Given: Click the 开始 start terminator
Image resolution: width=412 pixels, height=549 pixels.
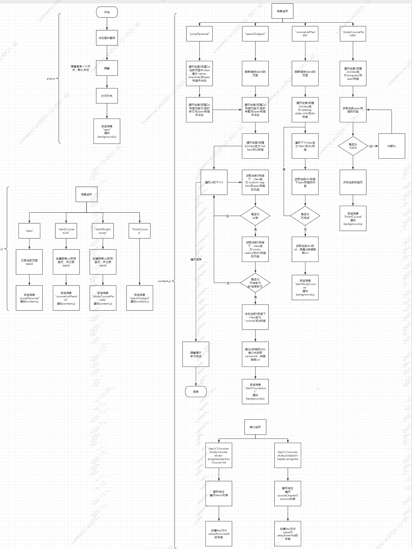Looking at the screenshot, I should tap(107, 12).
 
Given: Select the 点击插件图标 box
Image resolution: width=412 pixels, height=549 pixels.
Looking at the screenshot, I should tap(107, 38).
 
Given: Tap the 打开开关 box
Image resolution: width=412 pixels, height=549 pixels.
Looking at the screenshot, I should tap(107, 96).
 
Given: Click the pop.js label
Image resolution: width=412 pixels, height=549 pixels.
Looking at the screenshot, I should tap(51, 79).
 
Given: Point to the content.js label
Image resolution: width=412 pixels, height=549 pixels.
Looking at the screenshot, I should tap(164, 281).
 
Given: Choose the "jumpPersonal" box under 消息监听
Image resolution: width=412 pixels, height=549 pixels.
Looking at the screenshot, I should tap(199, 34).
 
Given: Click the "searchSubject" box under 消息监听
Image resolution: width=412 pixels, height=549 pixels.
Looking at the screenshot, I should tap(255, 34).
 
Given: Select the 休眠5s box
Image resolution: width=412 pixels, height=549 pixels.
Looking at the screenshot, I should tap(391, 146).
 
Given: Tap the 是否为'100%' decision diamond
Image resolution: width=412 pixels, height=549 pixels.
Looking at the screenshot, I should tap(353, 146).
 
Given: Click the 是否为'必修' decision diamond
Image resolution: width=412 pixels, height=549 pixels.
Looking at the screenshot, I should tap(255, 216).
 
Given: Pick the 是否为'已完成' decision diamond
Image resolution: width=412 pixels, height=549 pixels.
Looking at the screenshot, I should tap(305, 216).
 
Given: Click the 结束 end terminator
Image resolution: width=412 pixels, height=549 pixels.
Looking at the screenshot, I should tap(196, 391).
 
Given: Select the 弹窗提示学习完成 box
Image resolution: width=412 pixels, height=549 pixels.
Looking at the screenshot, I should tap(196, 354).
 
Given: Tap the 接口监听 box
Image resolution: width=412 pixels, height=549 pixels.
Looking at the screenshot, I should tap(255, 427).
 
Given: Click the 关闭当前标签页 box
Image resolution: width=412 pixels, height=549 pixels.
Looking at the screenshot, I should tap(353, 182).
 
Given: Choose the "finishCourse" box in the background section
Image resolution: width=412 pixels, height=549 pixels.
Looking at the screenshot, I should tap(139, 231).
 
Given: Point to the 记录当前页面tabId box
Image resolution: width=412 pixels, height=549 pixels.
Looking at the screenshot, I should tap(29, 262).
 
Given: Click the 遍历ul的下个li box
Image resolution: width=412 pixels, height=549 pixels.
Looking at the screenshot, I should tap(214, 182).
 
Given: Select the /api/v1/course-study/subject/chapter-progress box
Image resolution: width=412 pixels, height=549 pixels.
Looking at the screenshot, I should tap(288, 455).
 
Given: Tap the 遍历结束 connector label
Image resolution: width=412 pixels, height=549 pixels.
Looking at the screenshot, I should tap(196, 259).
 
